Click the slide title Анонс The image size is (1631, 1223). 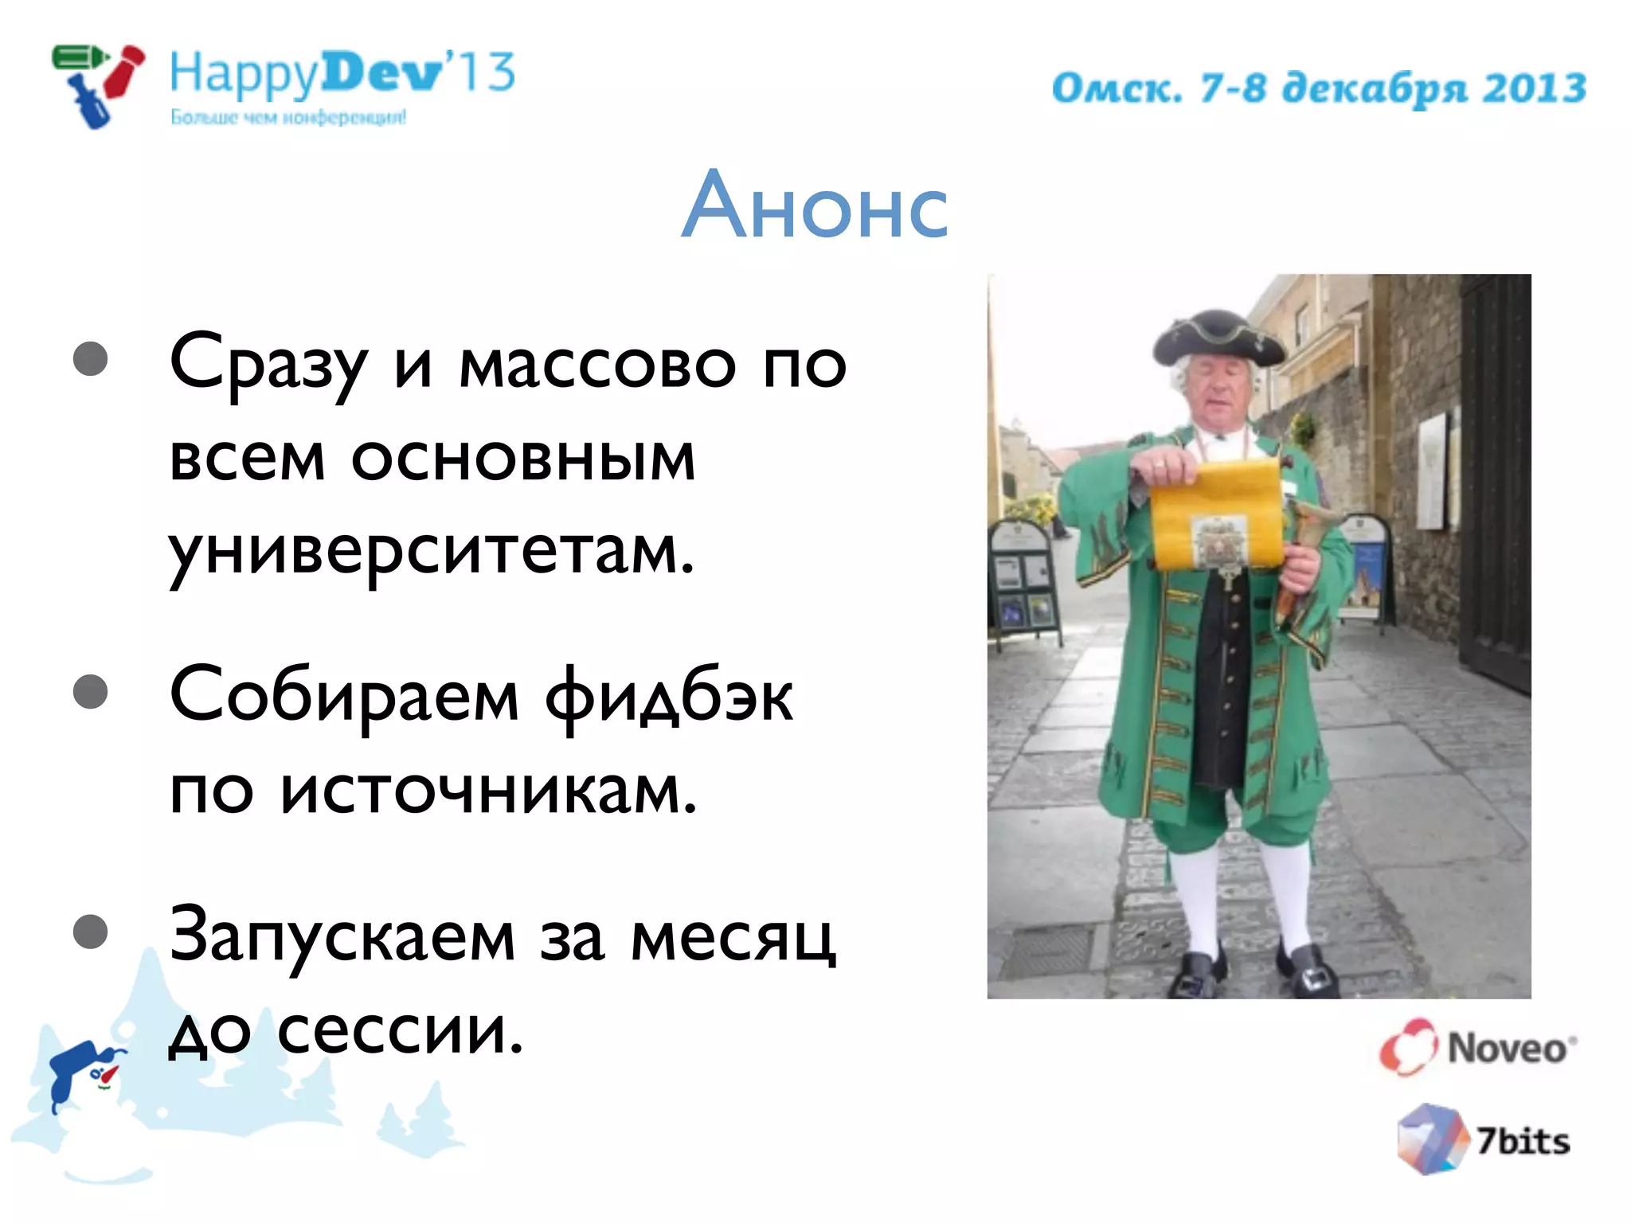[815, 206]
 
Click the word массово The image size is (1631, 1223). [597, 365]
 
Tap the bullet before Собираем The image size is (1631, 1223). [91, 691]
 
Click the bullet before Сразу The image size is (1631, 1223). [91, 358]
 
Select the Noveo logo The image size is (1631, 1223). [1478, 1047]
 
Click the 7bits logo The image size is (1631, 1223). [1483, 1140]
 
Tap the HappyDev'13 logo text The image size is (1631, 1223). [342, 73]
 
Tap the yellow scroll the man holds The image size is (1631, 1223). [1216, 516]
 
